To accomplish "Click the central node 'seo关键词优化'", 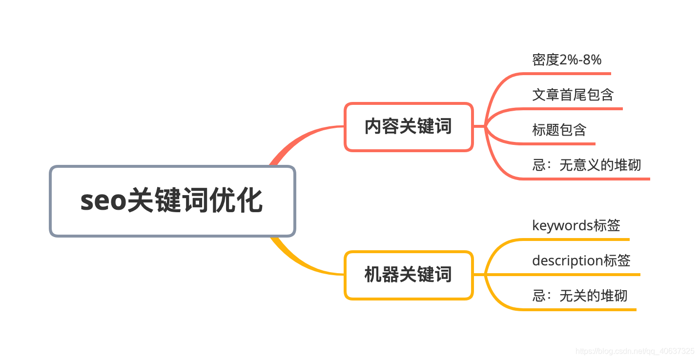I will pyautogui.click(x=172, y=201).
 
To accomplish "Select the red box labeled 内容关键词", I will pyautogui.click(x=409, y=126).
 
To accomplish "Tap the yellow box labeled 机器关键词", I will pyautogui.click(x=409, y=275).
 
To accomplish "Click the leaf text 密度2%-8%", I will pyautogui.click(x=567, y=60).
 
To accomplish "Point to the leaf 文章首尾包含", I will pyautogui.click(x=573, y=94).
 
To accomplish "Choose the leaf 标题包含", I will pyautogui.click(x=559, y=130).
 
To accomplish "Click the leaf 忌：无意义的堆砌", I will pyautogui.click(x=586, y=165).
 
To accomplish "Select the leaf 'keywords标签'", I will pyautogui.click(x=576, y=225).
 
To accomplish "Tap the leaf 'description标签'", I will pyautogui.click(x=581, y=260).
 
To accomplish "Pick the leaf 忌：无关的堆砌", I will pyautogui.click(x=579, y=296).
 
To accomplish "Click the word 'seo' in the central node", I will pyautogui.click(x=103, y=201).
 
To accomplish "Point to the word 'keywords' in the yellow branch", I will pyautogui.click(x=562, y=225).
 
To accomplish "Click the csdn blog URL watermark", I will pyautogui.click(x=635, y=351).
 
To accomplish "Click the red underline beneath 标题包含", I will pyautogui.click(x=561, y=144).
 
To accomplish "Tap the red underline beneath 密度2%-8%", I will pyautogui.click(x=566, y=74).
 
